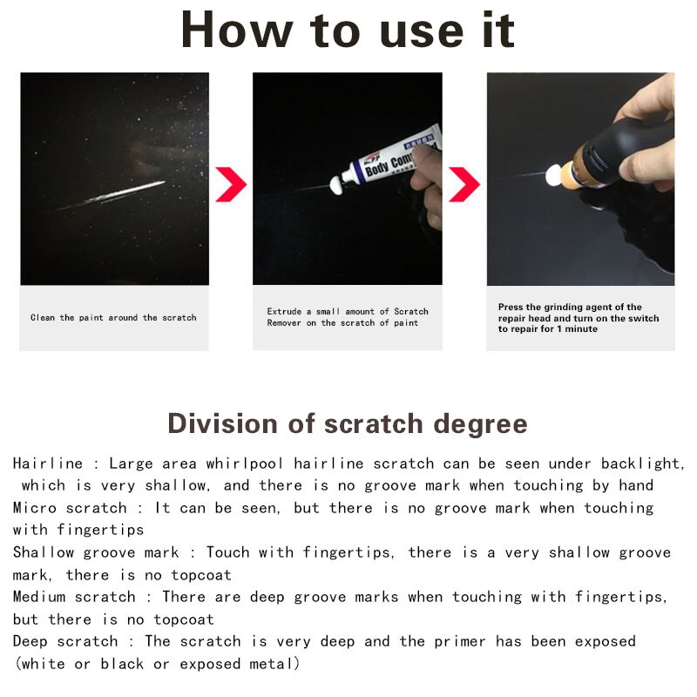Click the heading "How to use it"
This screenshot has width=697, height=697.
(348, 30)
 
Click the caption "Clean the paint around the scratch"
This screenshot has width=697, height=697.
(113, 318)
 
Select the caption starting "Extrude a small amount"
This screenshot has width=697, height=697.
(348, 317)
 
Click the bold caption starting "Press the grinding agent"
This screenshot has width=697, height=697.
(579, 318)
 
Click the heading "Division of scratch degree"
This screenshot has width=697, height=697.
(348, 423)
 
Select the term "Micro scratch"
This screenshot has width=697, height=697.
(69, 508)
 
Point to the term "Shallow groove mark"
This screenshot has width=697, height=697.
(96, 552)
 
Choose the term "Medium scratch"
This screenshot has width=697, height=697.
(74, 597)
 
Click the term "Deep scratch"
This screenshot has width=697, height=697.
(65, 641)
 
